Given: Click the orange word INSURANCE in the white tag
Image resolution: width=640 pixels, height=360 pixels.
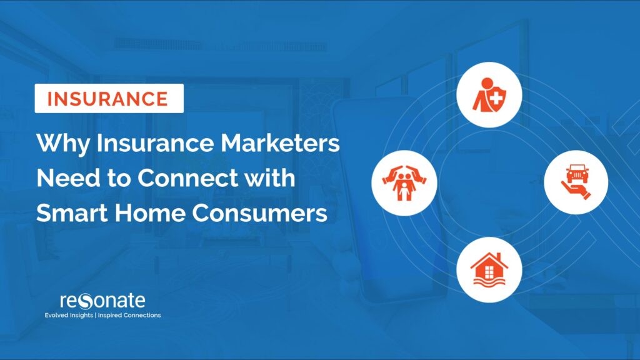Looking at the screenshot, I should pyautogui.click(x=109, y=99).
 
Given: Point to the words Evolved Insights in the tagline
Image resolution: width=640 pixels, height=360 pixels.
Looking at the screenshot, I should pyautogui.click(x=69, y=316).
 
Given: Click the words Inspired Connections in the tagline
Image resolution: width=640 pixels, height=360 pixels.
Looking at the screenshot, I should pyautogui.click(x=132, y=316).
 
